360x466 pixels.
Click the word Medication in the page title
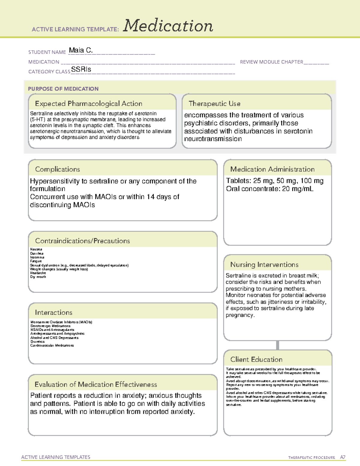[168, 26]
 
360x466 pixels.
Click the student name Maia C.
[81, 50]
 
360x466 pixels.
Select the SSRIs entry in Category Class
[81, 69]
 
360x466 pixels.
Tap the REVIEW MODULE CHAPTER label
[271, 62]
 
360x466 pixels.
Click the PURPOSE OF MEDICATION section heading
[63, 89]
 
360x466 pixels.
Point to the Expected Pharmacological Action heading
[88, 104]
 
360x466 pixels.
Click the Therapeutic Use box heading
[214, 104]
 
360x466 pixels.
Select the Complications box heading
[57, 169]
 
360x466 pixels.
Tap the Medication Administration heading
[272, 169]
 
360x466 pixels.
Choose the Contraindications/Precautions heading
[82, 241]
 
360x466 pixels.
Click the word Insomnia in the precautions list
[37, 257]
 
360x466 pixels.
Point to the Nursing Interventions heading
[264, 265]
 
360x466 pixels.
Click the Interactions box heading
[53, 313]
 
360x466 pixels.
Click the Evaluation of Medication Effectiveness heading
[96, 385]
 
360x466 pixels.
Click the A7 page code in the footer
[343, 457]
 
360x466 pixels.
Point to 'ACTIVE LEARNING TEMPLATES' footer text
[55, 457]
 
